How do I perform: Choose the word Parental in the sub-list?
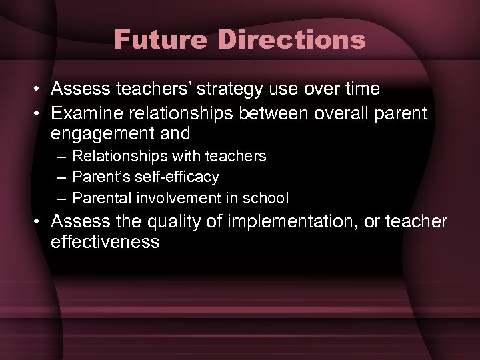tap(101, 198)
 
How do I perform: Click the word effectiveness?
tap(105, 243)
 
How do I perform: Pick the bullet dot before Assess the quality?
tap(37, 221)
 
